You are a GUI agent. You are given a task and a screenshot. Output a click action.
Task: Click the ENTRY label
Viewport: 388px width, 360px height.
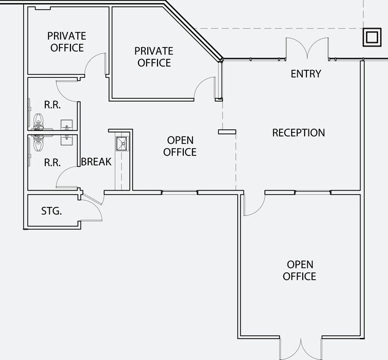306,73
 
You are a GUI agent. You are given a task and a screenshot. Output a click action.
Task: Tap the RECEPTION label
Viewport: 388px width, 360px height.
299,133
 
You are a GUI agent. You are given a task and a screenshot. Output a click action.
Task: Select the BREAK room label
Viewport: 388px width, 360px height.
96,162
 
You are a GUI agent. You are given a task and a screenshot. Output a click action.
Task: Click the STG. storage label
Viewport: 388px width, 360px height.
51,211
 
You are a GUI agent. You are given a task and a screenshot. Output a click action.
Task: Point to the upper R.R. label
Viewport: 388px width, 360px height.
53,105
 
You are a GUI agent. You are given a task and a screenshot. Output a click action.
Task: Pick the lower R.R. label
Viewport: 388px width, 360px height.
53,163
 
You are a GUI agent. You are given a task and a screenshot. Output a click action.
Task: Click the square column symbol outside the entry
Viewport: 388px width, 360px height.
372,37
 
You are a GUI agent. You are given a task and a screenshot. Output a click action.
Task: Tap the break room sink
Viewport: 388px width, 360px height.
122,143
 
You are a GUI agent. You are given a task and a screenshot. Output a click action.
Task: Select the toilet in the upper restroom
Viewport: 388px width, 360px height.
38,122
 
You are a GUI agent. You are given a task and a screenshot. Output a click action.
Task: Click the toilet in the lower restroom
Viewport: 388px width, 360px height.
38,143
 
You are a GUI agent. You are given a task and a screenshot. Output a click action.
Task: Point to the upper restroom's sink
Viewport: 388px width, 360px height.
67,125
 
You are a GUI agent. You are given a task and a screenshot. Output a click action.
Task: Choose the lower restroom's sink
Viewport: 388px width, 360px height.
67,140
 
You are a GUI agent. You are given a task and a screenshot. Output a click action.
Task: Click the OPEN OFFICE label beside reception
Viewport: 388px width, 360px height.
180,146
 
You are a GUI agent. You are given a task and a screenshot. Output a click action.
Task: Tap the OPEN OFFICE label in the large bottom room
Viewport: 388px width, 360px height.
299,271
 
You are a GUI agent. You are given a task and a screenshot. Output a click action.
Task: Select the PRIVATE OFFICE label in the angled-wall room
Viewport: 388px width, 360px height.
154,57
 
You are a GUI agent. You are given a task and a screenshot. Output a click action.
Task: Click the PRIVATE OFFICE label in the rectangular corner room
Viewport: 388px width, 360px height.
67,42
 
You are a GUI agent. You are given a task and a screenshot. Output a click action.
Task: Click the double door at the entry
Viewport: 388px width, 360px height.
307,48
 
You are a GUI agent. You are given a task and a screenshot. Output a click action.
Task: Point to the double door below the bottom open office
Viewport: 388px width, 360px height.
301,349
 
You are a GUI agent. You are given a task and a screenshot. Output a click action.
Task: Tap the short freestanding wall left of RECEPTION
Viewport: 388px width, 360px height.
227,132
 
